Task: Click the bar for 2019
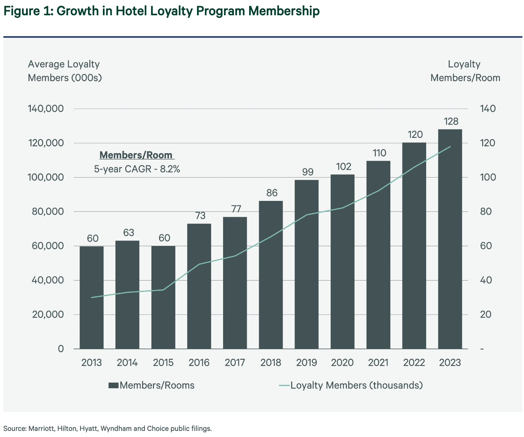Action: pyautogui.click(x=306, y=264)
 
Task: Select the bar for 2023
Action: pyautogui.click(x=450, y=239)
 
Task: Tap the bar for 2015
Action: pyautogui.click(x=163, y=297)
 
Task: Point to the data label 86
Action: pyautogui.click(x=271, y=193)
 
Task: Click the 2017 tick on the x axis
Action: pyautogui.click(x=235, y=363)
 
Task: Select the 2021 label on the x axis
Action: pyautogui.click(x=378, y=363)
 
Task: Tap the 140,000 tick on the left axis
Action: pyautogui.click(x=46, y=109)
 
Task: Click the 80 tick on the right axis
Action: pyautogui.click(x=487, y=212)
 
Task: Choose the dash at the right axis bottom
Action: pyautogui.click(x=482, y=349)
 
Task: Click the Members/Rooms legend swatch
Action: pyautogui.click(x=113, y=386)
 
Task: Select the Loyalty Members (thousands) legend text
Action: pyautogui.click(x=357, y=386)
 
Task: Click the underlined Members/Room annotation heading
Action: pyautogui.click(x=136, y=155)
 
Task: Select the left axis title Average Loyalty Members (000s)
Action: pyautogui.click(x=65, y=71)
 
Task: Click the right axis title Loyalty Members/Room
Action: pyautogui.click(x=465, y=71)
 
